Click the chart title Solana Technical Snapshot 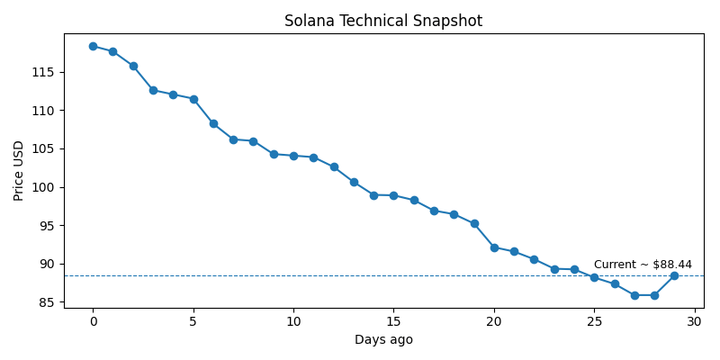click(x=383, y=21)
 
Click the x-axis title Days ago click(x=383, y=340)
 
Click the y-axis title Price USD click(x=19, y=170)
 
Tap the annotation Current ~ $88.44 click(x=643, y=265)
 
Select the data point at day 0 click(x=93, y=46)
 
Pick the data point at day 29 click(x=674, y=275)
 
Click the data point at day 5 click(x=193, y=99)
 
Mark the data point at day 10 click(x=293, y=156)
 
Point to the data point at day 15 click(x=393, y=195)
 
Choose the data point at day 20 click(x=494, y=247)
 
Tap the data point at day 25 click(x=594, y=277)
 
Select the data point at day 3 click(x=153, y=90)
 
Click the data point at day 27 click(x=634, y=295)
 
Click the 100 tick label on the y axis click(x=47, y=187)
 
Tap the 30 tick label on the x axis click(x=694, y=322)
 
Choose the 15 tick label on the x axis click(x=393, y=322)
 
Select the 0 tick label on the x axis click(x=93, y=322)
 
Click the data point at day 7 click(x=233, y=139)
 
